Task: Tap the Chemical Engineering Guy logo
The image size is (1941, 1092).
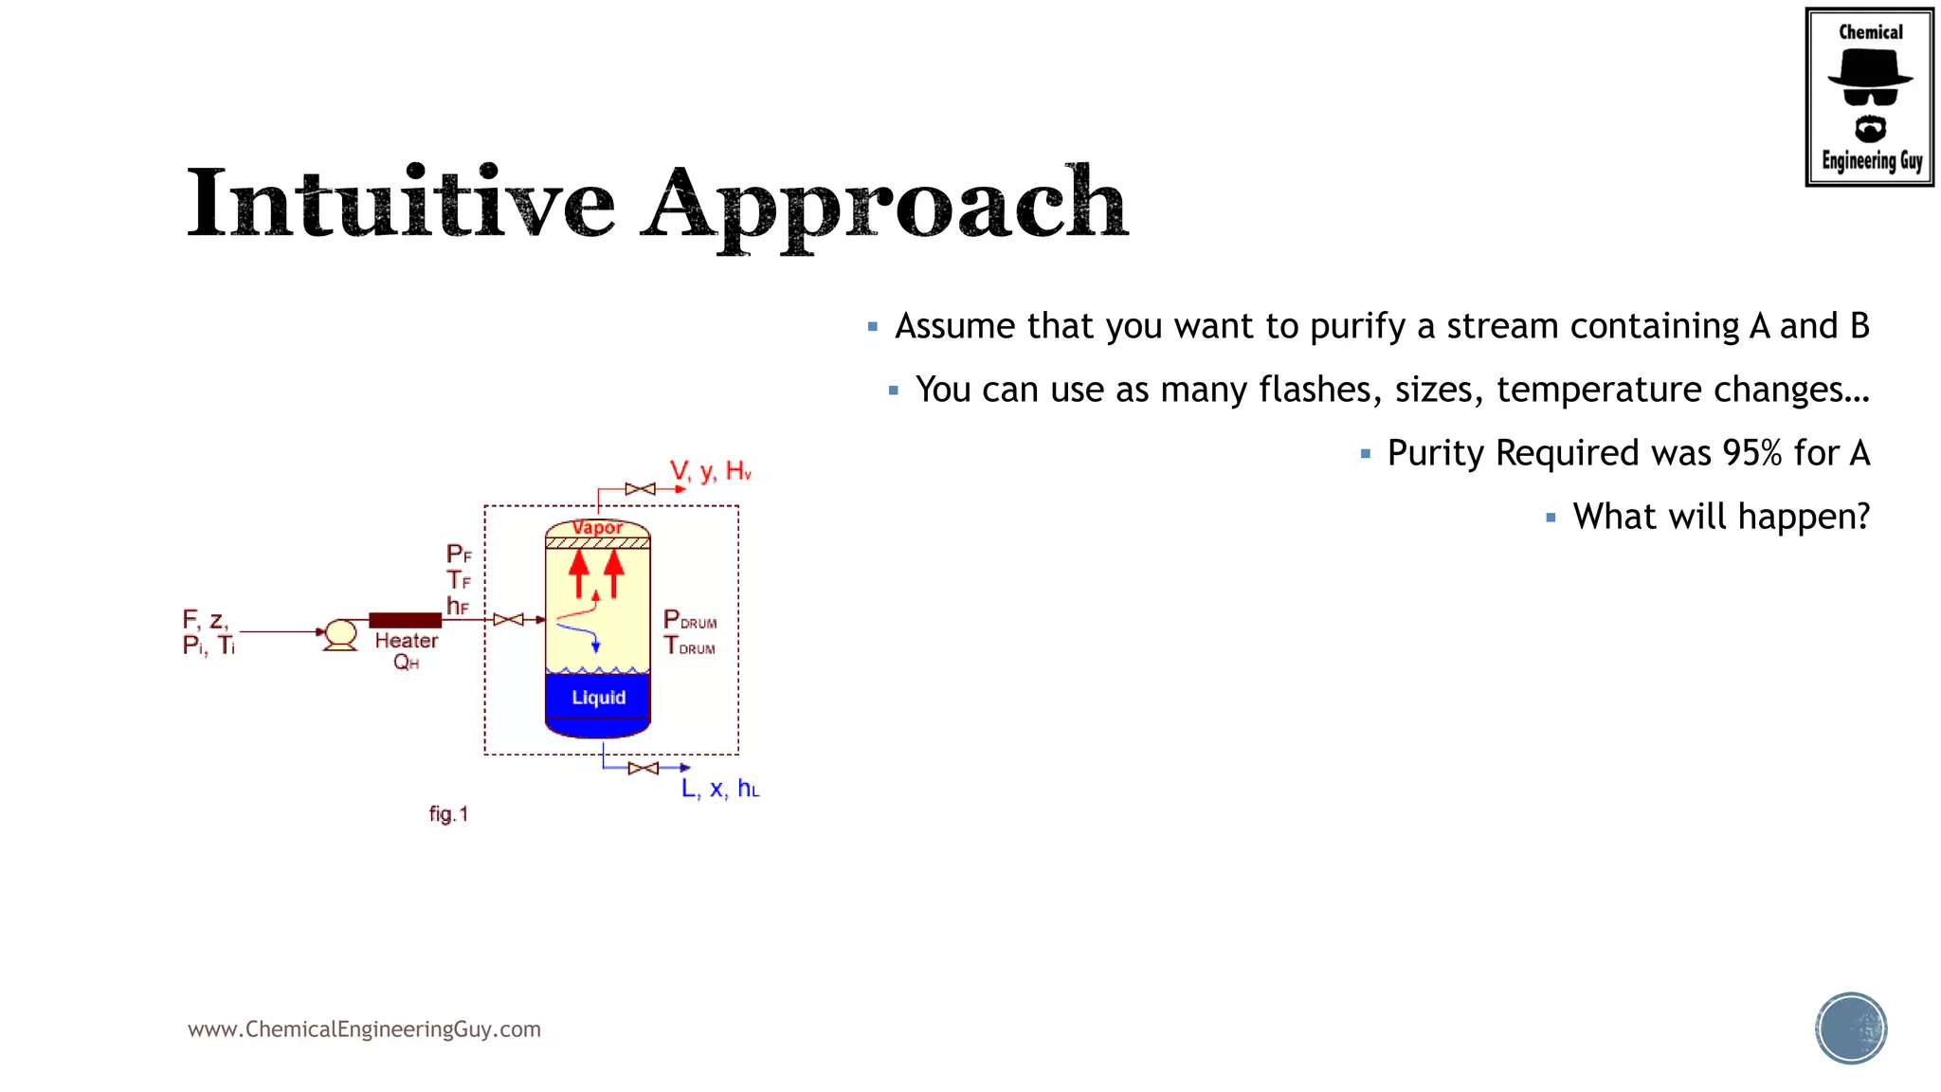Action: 1869,97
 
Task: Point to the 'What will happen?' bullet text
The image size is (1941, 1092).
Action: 1721,517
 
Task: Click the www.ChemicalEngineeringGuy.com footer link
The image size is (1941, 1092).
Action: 364,1029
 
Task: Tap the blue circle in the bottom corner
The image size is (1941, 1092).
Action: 1851,1028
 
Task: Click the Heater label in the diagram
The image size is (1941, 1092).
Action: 407,641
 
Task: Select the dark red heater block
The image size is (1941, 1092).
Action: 405,620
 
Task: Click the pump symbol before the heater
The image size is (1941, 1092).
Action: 339,633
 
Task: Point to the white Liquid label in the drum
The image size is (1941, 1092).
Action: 599,698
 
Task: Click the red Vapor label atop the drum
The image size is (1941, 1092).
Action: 598,527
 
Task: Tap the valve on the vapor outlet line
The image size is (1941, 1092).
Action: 641,489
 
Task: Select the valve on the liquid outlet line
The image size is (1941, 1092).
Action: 644,768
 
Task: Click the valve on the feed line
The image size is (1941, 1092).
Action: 509,620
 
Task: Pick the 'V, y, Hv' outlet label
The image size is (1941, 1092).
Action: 710,471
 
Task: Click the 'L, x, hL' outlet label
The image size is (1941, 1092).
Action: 720,789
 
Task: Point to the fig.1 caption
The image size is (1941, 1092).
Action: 448,814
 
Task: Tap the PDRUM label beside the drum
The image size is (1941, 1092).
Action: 690,621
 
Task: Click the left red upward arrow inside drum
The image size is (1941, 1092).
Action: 579,573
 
